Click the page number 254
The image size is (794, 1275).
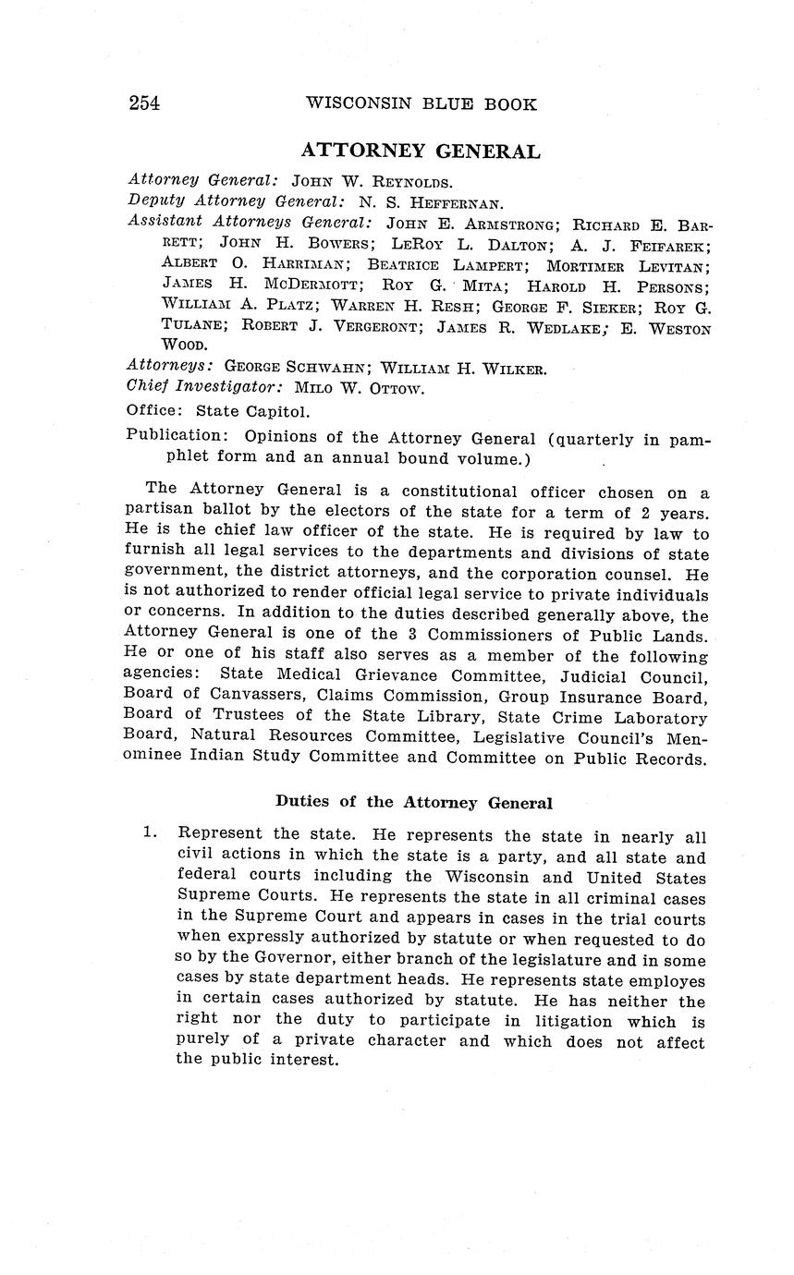click(144, 103)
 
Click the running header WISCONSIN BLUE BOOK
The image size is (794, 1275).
click(421, 103)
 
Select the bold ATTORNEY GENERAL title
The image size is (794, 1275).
click(421, 152)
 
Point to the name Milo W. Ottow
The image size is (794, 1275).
click(360, 388)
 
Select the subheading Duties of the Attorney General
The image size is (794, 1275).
click(413, 802)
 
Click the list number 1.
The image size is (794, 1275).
click(148, 832)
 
